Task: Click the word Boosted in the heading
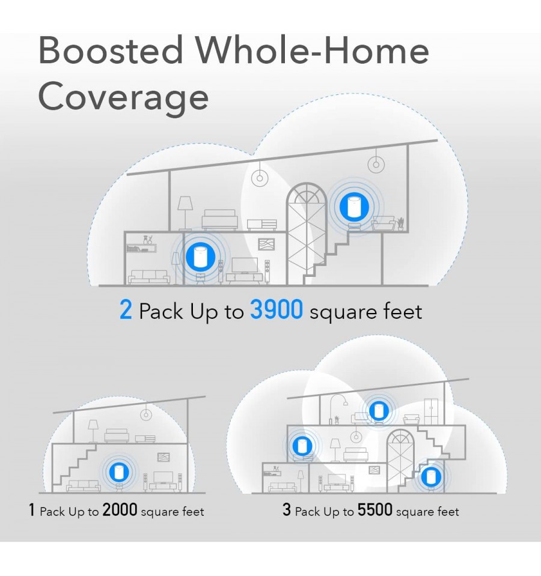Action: coord(111,50)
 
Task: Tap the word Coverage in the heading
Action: coord(123,97)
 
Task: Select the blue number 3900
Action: coord(277,309)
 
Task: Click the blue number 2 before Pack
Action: coord(126,310)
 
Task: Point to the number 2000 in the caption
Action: coord(120,510)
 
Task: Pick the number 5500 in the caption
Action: coord(375,510)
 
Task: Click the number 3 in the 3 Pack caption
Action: coord(287,510)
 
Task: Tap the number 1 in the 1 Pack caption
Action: coord(32,510)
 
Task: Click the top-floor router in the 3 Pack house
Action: coord(379,411)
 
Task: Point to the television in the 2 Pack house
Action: coord(245,266)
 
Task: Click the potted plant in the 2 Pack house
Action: coord(400,224)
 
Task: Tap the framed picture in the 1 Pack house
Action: coord(164,456)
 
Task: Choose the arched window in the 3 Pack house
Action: coord(400,461)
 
